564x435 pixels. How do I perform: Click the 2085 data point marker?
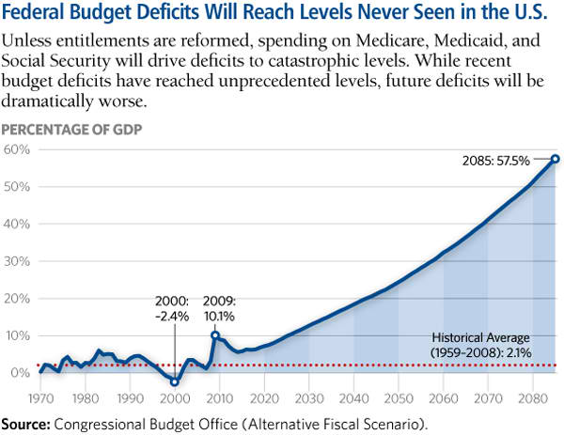[x=555, y=159]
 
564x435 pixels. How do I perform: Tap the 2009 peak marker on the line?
[x=215, y=335]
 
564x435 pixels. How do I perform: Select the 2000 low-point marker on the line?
[x=175, y=382]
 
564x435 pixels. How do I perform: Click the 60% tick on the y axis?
[x=19, y=150]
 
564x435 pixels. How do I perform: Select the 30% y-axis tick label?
[x=19, y=261]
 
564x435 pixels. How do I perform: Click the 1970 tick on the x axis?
[x=40, y=397]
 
